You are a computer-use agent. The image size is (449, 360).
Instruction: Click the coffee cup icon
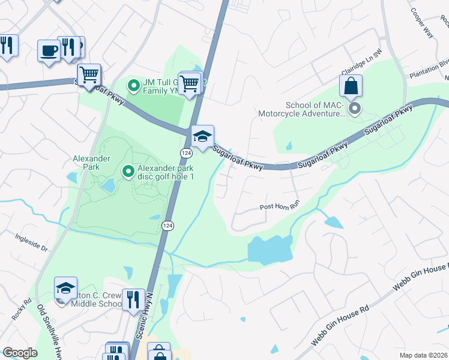point(48,50)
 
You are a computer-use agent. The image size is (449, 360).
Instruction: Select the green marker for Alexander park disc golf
point(128,172)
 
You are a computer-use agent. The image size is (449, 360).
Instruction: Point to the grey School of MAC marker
point(355,109)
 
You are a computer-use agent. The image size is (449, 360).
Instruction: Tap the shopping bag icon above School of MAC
point(351,86)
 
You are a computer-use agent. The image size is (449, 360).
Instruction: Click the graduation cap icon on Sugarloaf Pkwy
point(202,136)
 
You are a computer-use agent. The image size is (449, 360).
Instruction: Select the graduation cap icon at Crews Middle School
point(65,288)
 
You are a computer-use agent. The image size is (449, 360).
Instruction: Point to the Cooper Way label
point(422,23)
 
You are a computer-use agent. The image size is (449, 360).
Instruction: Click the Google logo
point(20,353)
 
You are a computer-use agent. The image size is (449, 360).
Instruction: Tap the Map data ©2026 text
point(423,355)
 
